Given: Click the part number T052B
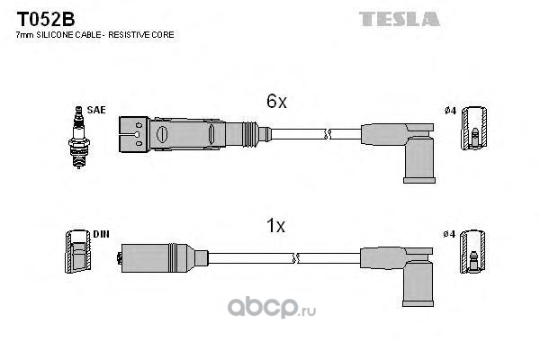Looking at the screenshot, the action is pos(46,19).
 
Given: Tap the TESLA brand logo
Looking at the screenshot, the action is pos(400,19).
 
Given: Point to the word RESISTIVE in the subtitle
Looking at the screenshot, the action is pos(128,35).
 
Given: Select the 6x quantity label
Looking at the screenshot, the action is pos(276,102).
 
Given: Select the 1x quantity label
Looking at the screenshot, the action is pos(276,226).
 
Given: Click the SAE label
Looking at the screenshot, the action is pos(96,110).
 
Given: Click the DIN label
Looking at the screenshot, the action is pos(101,234).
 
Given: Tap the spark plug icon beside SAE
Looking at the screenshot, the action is pos(79,137).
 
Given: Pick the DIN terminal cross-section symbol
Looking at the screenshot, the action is pos(78,251).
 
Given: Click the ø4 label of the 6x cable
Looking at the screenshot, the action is pos(450,111).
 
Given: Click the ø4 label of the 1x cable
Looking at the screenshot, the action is pos(449,234).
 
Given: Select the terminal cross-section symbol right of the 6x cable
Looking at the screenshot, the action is pos(474,128).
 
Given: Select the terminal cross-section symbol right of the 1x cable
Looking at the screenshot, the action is pos(472,251).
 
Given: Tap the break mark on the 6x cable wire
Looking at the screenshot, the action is pos(328,134).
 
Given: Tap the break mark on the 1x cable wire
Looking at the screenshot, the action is pos(295,258).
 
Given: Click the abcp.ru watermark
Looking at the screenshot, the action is pos(272,308).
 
